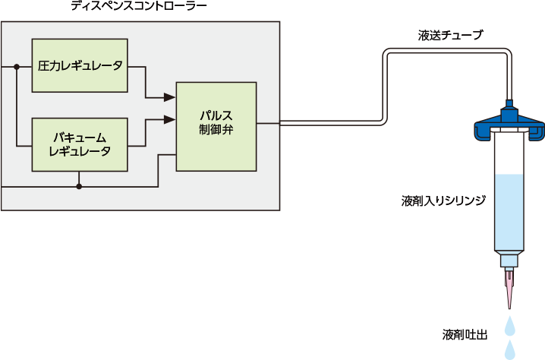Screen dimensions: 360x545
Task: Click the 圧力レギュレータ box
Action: (80, 66)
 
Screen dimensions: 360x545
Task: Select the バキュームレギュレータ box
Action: (80, 144)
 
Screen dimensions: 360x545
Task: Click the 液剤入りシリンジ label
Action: (443, 202)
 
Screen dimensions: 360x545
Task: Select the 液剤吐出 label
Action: (464, 333)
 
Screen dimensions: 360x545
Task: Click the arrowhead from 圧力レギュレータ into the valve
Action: (170, 97)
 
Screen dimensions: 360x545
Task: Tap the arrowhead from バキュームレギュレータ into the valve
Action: (170, 118)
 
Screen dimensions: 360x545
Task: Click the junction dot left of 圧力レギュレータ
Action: (16, 67)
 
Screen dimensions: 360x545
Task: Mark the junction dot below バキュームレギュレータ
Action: (80, 185)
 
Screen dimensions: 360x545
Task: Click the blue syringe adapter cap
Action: (509, 124)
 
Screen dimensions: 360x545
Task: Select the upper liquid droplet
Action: (510, 325)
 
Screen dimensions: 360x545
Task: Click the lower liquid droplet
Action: (510, 349)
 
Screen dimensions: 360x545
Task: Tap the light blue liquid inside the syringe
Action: (509, 213)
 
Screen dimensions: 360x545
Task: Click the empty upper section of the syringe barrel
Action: (509, 156)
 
